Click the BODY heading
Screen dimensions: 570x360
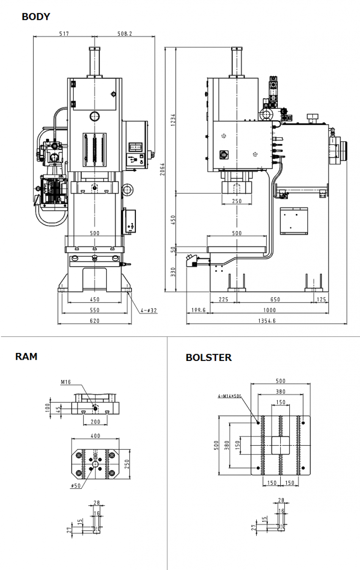point(36,17)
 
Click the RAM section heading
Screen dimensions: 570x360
point(26,356)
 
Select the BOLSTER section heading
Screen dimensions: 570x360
point(208,358)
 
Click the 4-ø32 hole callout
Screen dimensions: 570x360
point(149,310)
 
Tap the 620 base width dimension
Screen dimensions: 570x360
point(94,321)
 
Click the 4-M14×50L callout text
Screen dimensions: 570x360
point(229,396)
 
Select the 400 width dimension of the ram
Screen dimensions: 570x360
point(95,435)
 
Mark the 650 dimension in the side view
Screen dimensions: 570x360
point(275,300)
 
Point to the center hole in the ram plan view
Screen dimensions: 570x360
point(95,464)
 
